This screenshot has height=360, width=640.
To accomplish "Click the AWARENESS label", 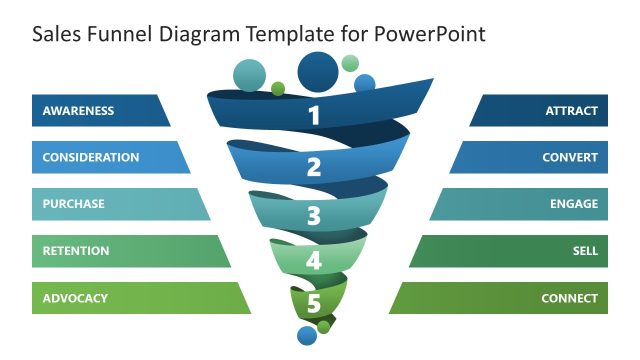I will point(78,111).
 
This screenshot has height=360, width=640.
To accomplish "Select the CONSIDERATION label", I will point(91,157).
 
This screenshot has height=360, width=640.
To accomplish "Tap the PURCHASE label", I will point(74,204).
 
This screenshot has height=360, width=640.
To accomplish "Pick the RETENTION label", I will point(76,251).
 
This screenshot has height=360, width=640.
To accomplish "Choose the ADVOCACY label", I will point(75,298).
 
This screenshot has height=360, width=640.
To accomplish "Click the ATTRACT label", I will point(572,111).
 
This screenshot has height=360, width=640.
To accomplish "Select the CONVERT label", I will point(570,157).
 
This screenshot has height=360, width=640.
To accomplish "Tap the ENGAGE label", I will point(574,204).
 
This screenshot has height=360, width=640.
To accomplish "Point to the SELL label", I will point(585,251).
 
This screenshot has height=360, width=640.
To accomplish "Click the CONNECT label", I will point(569,298).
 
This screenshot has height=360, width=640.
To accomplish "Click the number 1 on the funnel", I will point(314,116).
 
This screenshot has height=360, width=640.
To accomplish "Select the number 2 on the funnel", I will point(314,167).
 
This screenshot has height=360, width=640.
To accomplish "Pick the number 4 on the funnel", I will point(314,262).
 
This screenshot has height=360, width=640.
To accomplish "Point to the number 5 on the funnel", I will point(313,303).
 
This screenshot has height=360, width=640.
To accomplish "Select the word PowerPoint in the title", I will point(432,34).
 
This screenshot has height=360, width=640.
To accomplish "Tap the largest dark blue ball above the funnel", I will point(318,71).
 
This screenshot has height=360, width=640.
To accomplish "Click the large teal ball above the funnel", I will point(249,75).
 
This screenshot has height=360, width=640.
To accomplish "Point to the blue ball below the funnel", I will point(307,336).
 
